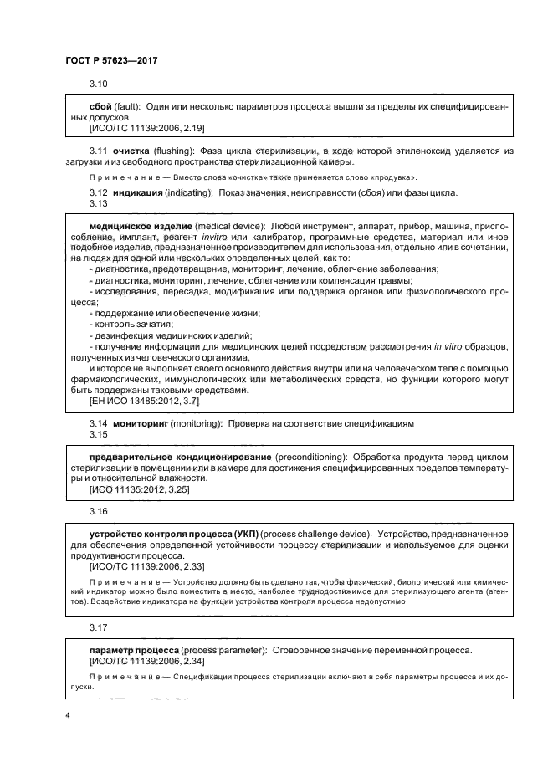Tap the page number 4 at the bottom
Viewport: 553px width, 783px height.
point(67,716)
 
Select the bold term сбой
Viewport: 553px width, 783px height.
point(101,108)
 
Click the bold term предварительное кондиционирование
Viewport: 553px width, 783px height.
point(179,458)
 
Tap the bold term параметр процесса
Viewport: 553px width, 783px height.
point(141,650)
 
